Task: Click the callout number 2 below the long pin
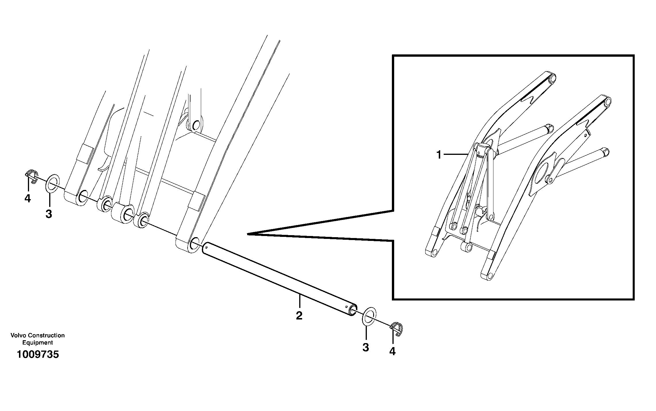coord(299,316)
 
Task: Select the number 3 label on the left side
coord(49,214)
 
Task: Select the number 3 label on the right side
coord(366,347)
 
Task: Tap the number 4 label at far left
coord(28,198)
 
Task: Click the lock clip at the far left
coord(31,176)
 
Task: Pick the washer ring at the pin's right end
coord(368,316)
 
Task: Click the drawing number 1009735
coord(38,354)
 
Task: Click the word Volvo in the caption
coord(18,335)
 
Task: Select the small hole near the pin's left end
coord(207,247)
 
